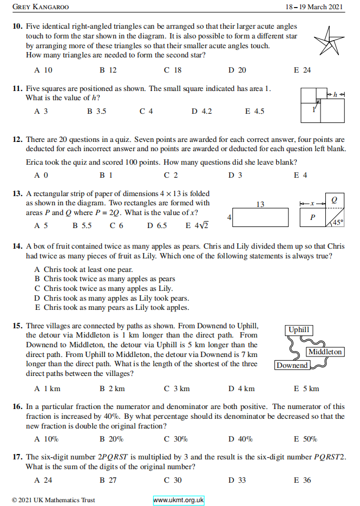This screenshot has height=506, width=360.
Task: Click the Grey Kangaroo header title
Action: [x=41, y=7]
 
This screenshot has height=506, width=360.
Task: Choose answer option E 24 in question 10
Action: [x=302, y=70]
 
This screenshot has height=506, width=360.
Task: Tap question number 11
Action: [x=17, y=89]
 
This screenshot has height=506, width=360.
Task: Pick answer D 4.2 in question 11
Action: [x=201, y=111]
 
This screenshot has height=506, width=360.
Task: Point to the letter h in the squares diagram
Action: [x=336, y=94]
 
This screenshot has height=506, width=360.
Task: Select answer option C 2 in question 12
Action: [x=171, y=175]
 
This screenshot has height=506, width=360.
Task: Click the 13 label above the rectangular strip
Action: [x=260, y=204]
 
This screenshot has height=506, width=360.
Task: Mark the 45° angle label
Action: [x=338, y=222]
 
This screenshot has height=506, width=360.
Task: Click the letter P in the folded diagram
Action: [x=312, y=217]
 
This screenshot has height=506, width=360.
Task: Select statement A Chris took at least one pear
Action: [x=83, y=269]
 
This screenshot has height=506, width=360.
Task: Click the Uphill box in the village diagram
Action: [x=299, y=329]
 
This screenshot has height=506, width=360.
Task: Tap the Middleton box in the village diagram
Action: [x=325, y=352]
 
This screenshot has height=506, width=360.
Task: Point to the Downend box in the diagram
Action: [x=292, y=365]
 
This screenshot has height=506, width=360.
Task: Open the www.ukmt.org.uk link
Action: [x=178, y=500]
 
